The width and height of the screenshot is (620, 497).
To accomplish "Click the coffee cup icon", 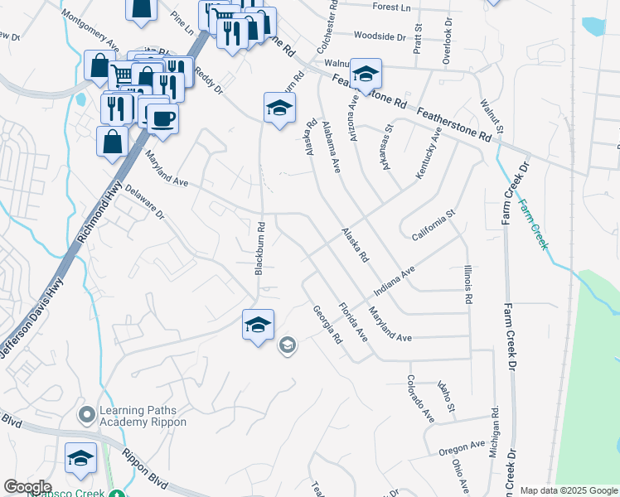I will tap(162, 117).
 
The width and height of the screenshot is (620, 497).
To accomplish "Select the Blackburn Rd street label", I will tap(259, 248).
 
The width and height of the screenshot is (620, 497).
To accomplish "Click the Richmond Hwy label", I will tap(99, 211).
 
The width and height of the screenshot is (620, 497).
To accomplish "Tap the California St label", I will tap(434, 226).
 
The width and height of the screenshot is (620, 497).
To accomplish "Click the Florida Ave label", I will tap(353, 323).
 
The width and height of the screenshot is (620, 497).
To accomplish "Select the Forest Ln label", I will tap(392, 7).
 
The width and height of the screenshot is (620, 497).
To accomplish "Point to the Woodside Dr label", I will tap(379, 36).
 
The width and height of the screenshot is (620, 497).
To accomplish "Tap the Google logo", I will tap(28, 487).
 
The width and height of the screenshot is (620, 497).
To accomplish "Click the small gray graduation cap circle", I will tap(288, 345).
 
